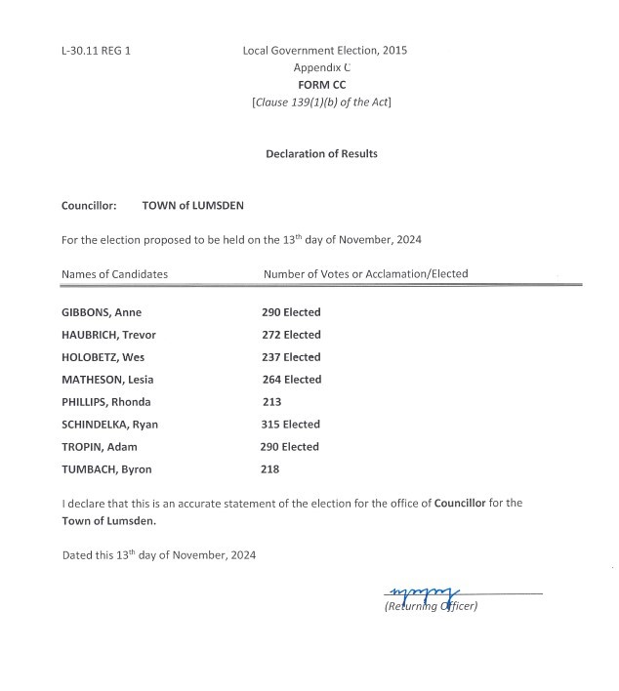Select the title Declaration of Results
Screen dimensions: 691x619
click(x=321, y=153)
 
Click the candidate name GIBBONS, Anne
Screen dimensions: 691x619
click(x=101, y=312)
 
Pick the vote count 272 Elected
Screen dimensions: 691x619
click(x=291, y=335)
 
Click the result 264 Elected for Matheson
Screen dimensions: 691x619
click(x=292, y=380)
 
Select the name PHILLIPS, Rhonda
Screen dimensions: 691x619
click(x=106, y=402)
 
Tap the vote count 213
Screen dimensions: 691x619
click(x=271, y=402)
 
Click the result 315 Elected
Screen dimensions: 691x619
click(x=292, y=425)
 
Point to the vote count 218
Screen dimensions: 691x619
click(x=270, y=469)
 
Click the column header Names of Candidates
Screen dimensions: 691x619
click(x=114, y=274)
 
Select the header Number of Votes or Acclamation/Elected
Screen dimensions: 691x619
click(x=365, y=274)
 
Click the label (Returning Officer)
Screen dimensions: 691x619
click(x=431, y=606)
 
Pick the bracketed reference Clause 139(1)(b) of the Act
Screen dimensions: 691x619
click(x=321, y=102)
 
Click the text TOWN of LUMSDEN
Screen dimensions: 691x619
click(x=193, y=206)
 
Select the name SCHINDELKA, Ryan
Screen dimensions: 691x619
click(x=109, y=425)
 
